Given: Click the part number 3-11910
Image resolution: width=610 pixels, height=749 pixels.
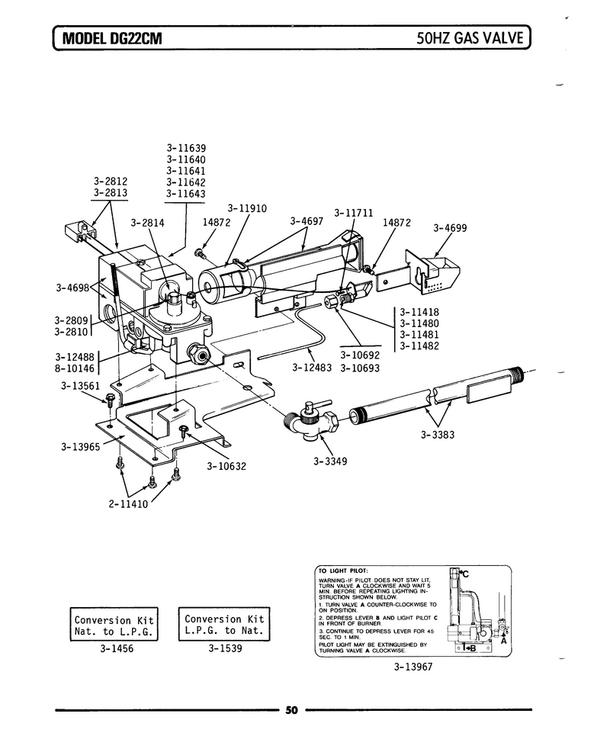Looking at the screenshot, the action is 247,209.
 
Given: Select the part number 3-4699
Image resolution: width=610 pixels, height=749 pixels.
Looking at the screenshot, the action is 450,228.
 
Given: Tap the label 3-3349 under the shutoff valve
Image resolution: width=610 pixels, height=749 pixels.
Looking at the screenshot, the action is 330,461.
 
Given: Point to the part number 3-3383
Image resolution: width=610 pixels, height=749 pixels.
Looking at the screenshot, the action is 438,435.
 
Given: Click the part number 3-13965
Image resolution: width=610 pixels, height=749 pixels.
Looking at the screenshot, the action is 80,447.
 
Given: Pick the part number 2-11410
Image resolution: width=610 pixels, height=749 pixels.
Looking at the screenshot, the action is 128,504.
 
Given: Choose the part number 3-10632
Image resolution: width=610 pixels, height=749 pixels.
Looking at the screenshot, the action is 226,466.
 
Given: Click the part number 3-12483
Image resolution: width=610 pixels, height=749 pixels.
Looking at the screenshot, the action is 312,368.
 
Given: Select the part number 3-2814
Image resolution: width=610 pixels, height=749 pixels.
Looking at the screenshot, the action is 147,223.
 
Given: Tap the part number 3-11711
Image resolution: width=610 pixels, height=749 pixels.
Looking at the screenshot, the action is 354,213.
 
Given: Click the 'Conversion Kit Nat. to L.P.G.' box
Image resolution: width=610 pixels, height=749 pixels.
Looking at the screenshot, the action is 114,625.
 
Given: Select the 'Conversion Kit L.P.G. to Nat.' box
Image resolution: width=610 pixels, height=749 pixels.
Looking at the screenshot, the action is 224,625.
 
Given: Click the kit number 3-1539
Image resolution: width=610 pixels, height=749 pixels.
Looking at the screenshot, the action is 225,648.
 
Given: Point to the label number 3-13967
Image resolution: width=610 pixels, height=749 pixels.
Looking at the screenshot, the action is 413,667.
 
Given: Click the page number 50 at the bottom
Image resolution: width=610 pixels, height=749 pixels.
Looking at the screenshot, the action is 291,710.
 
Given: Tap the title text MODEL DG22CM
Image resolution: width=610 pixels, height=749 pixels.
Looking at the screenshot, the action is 112,38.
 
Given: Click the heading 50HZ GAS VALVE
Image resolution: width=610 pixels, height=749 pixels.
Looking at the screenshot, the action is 470,37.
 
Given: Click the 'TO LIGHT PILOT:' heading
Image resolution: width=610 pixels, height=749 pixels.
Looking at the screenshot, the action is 343,571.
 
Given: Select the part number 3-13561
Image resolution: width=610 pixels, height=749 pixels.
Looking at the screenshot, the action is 80,385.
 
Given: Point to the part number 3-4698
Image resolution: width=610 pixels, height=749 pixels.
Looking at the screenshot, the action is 72,288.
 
